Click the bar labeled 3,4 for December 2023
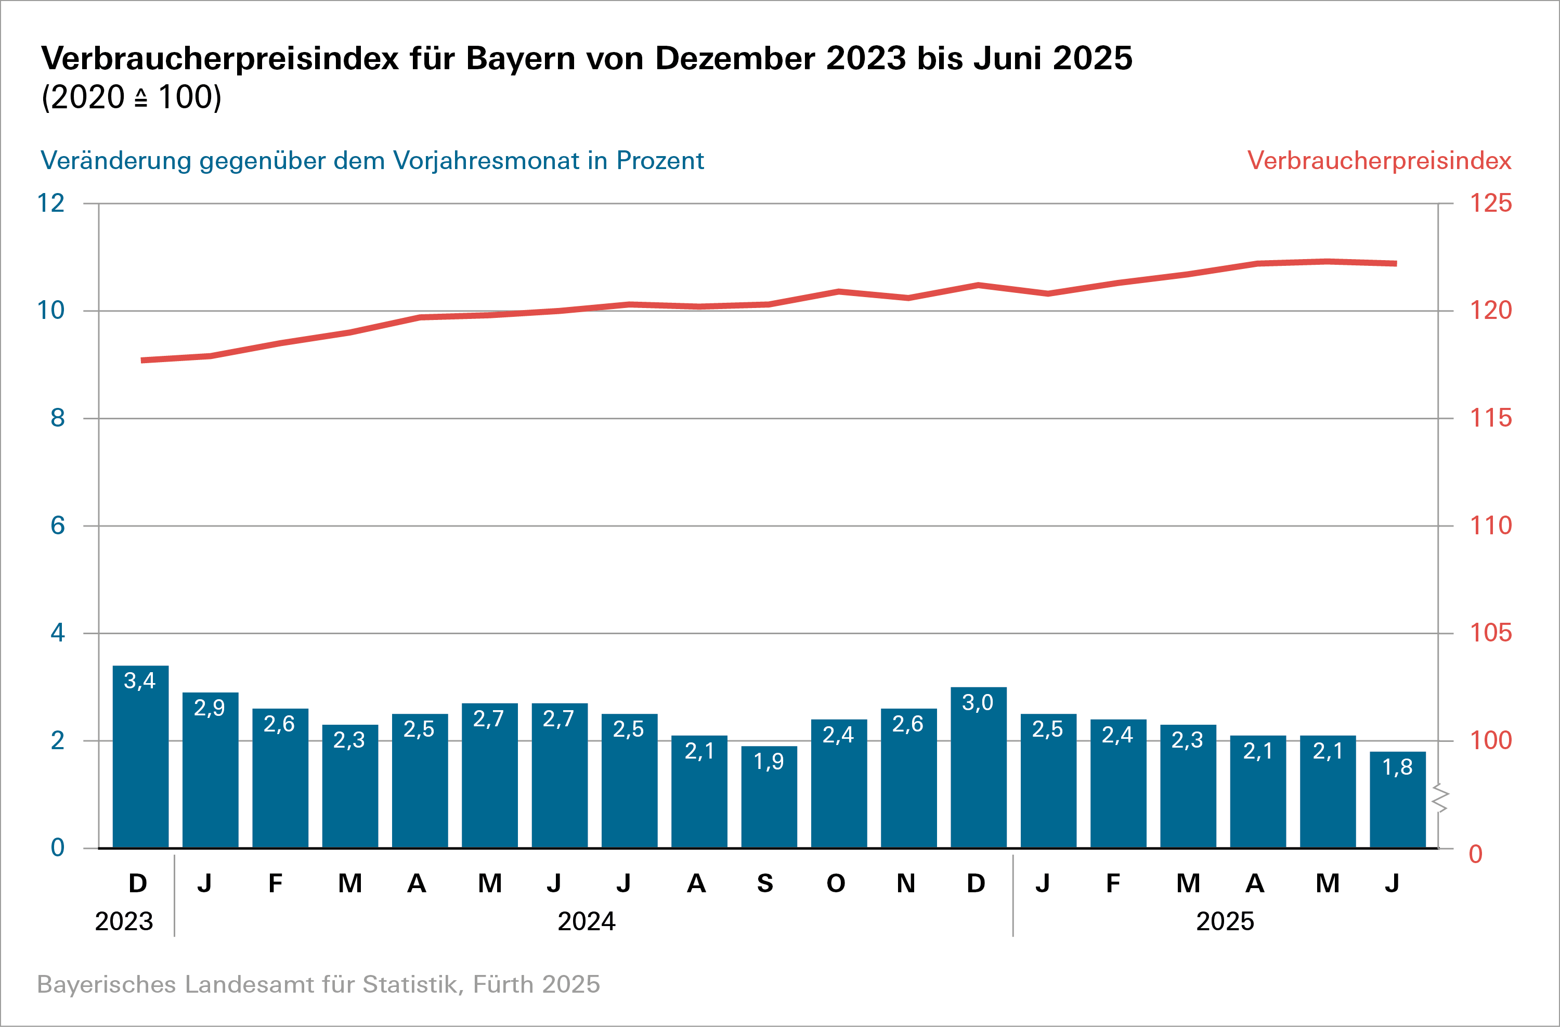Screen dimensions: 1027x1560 coord(140,761)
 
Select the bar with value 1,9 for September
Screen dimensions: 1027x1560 coord(769,800)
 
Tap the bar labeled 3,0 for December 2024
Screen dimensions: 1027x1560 coord(978,771)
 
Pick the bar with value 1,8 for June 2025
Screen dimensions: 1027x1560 coord(1397,803)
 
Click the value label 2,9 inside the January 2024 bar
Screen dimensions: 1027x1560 coord(209,708)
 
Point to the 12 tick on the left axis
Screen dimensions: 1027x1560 coord(51,203)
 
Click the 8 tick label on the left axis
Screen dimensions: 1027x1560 coord(58,418)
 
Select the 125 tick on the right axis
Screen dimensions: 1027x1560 coord(1490,203)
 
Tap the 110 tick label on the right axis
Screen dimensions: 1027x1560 coord(1490,525)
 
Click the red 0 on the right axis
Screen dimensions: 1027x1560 coord(1475,854)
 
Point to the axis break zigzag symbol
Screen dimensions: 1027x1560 coord(1439,798)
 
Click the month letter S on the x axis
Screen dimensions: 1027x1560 coord(765,883)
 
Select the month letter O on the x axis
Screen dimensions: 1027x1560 coord(836,883)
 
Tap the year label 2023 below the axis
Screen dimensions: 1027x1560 coord(124,921)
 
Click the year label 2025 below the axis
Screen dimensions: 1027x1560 coord(1225,921)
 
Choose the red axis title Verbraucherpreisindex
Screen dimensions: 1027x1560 coord(1379,161)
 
